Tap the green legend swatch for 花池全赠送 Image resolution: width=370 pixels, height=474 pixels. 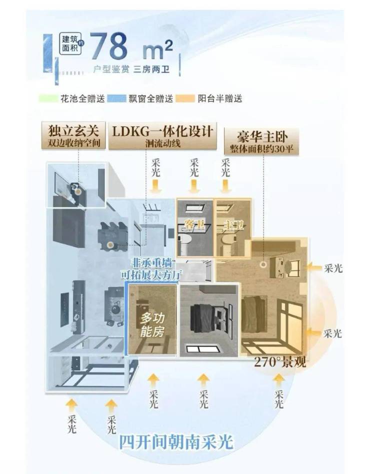coord(49,98)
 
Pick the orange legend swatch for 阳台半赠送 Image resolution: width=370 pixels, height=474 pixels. coord(187,98)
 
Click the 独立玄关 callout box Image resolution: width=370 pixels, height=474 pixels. coord(74,136)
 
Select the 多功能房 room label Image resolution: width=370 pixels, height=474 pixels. coord(152,325)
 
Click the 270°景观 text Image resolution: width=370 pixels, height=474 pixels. coord(280,363)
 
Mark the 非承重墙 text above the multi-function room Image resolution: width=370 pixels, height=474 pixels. coord(149,263)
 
